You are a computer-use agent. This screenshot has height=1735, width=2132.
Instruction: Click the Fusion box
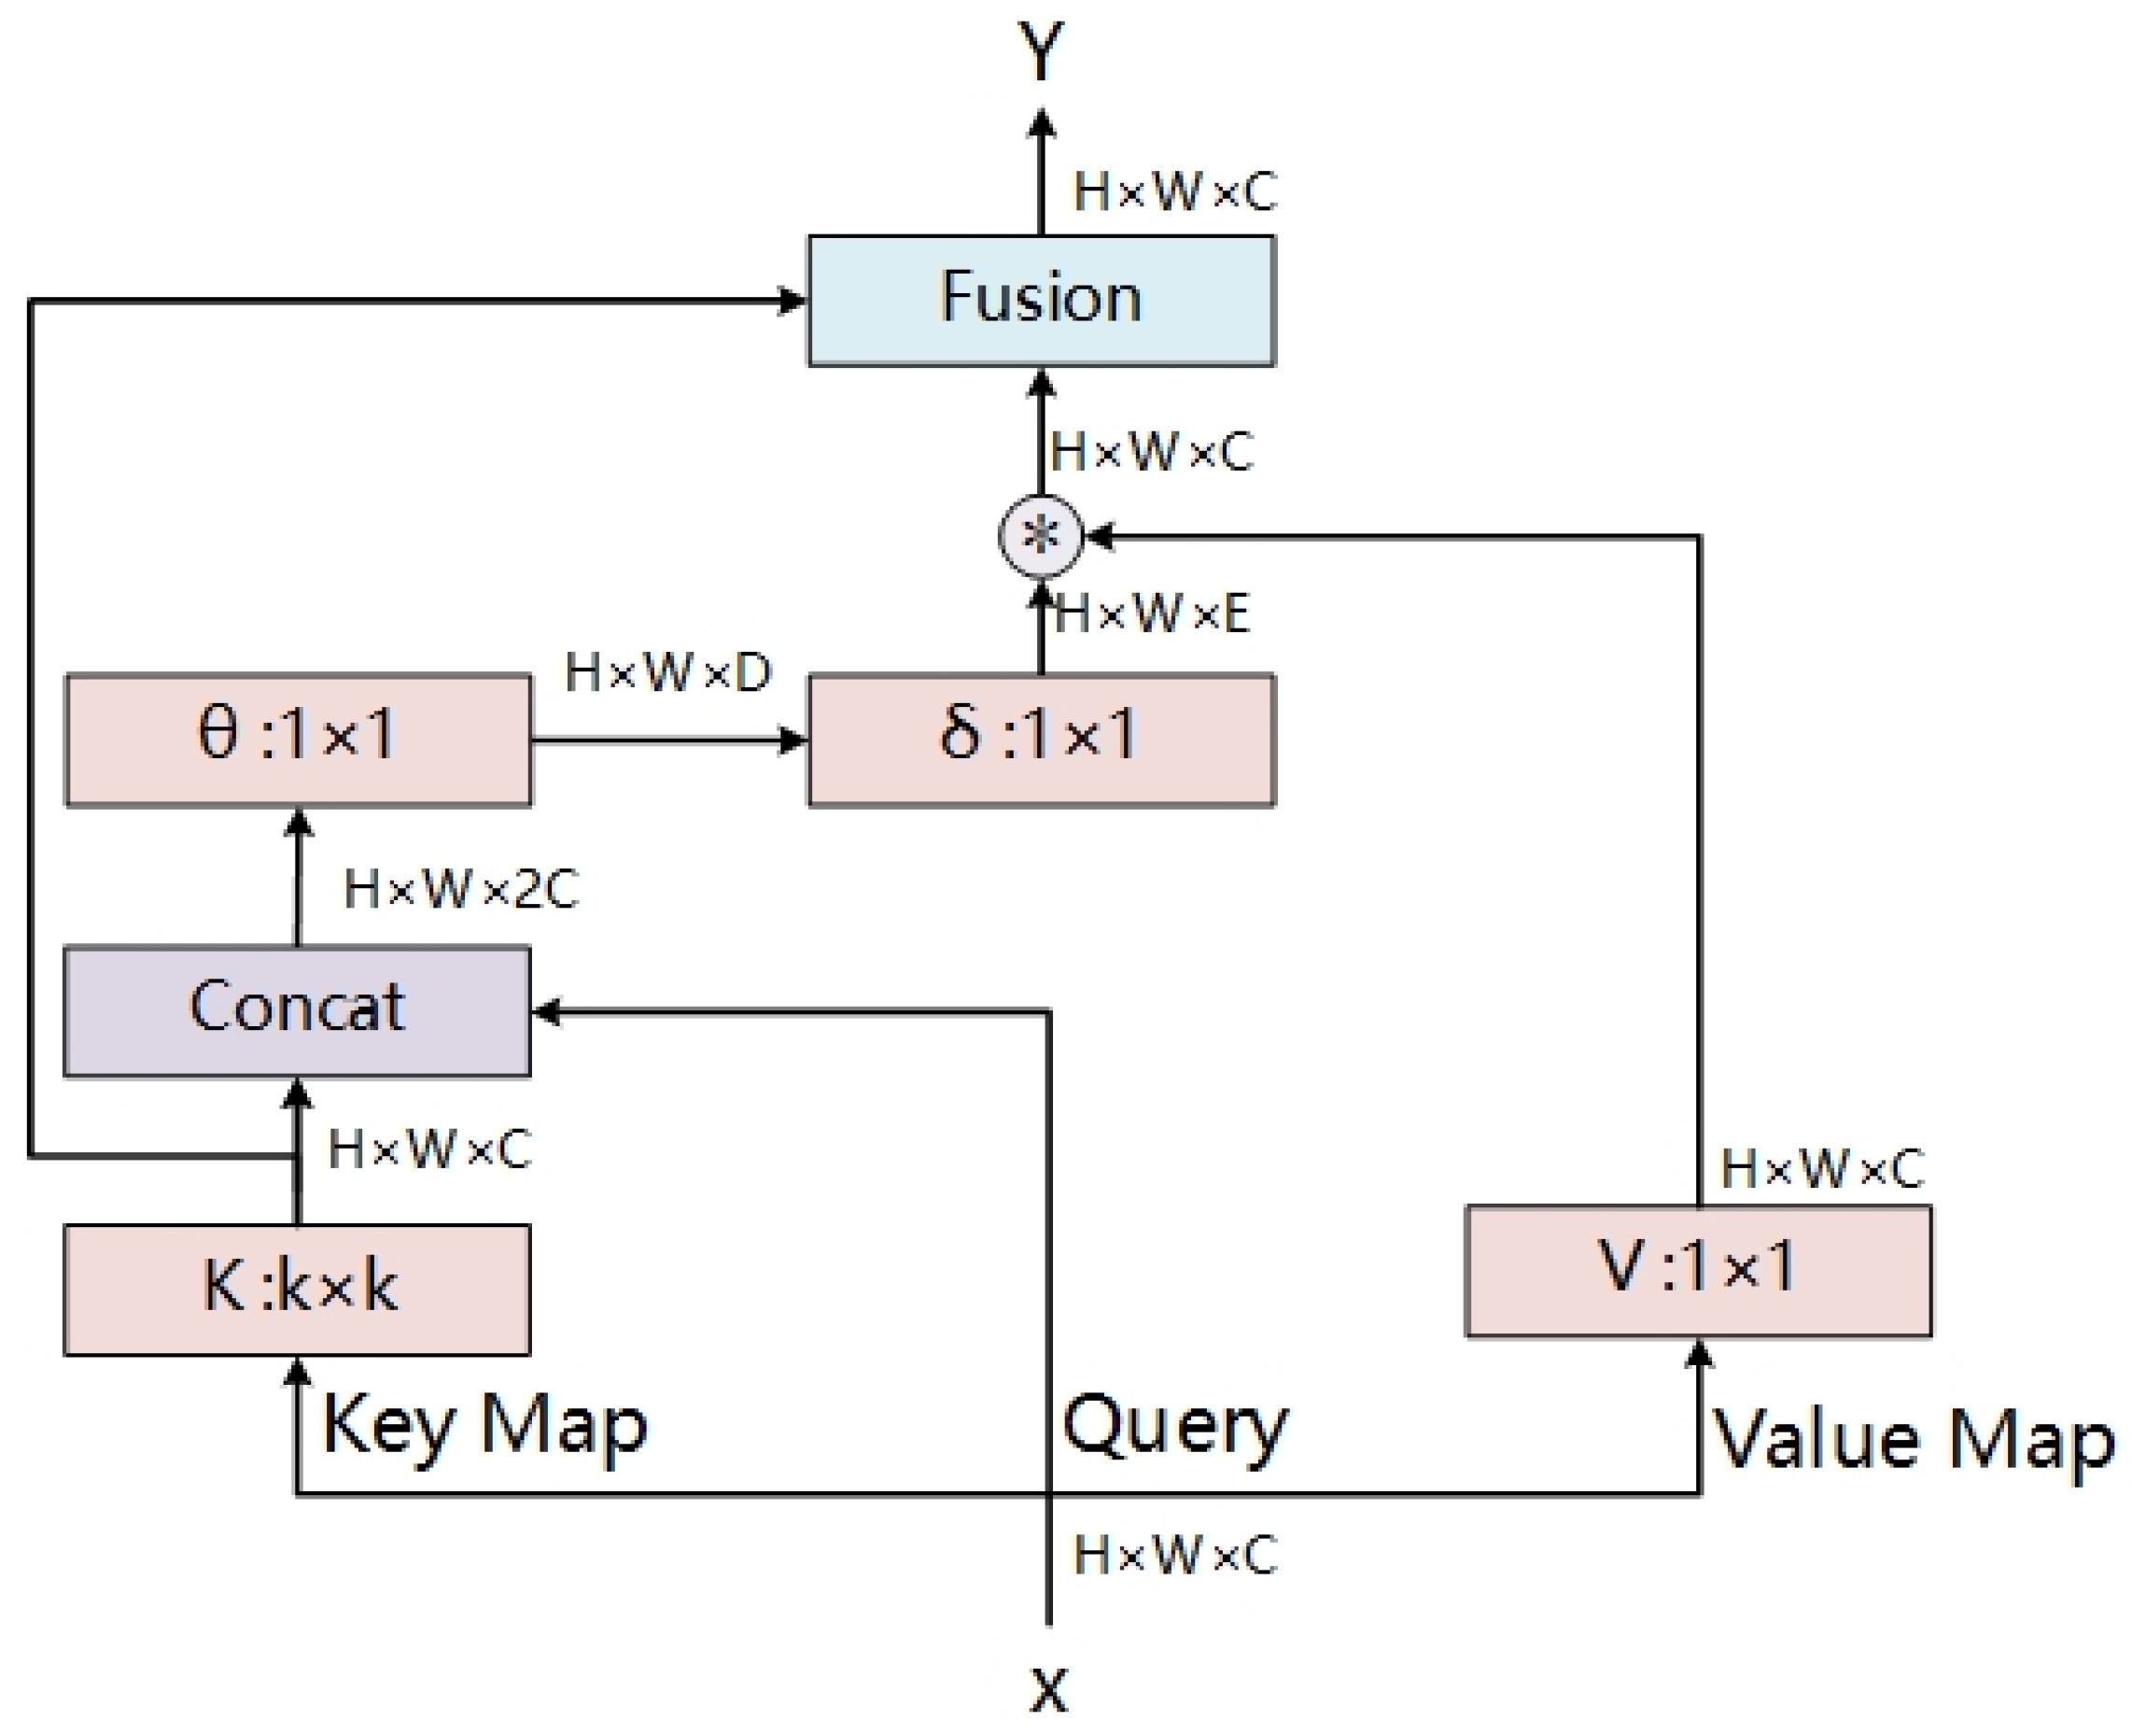(1040, 300)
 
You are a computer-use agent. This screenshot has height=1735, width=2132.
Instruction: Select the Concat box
(297, 1010)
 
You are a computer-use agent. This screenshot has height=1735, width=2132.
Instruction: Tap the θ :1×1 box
(297, 739)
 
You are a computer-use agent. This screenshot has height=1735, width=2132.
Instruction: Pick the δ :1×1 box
(1040, 739)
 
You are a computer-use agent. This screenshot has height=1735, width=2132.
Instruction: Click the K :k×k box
(297, 1289)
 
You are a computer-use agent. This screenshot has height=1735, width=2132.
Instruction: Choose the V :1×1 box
(1697, 1269)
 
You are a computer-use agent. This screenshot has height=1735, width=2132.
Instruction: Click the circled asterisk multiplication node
(1040, 537)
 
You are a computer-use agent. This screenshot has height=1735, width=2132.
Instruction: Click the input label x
(1048, 1689)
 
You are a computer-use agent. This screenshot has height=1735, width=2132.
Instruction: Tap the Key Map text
(484, 1425)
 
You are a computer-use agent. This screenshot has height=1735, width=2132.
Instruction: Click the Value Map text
(1914, 1440)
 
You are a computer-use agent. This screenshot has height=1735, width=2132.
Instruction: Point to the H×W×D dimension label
(667, 672)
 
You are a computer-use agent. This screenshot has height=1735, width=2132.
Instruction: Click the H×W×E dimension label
(1151, 613)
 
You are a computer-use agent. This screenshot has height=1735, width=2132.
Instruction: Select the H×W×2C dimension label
(459, 888)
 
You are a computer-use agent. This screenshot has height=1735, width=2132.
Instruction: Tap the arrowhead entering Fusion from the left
(792, 300)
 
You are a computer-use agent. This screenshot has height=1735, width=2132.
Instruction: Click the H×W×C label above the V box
(1821, 1167)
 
